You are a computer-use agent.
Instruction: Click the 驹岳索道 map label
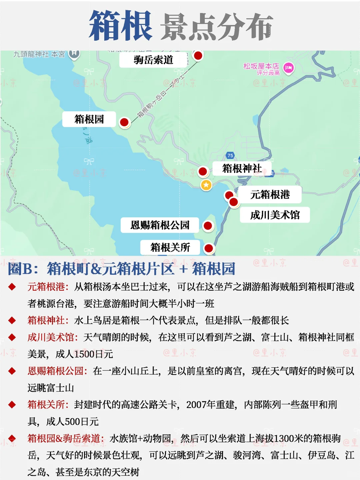coord(153,60)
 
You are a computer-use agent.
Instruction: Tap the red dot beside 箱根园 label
coord(124,122)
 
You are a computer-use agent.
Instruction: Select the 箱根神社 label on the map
coord(242,169)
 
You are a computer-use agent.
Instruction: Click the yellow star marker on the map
coord(206,185)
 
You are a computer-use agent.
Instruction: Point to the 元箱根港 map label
coord(270,195)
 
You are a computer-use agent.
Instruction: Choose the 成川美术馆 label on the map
coord(275,215)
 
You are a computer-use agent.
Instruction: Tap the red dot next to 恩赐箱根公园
coord(208,226)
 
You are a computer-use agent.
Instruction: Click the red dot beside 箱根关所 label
coord(209,248)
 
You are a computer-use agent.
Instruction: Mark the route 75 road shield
coord(230,155)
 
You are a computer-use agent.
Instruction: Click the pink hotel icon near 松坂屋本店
coord(288,68)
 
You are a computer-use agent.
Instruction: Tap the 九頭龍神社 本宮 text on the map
coord(39,54)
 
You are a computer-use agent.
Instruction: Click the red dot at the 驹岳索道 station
coord(198,55)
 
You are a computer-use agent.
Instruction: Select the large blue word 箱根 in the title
coord(121,26)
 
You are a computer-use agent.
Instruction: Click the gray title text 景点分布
coord(217,27)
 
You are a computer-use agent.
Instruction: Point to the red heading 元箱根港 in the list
coord(46,287)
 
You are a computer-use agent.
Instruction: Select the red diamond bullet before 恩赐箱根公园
coord(12,371)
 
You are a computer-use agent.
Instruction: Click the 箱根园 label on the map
coord(89,119)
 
